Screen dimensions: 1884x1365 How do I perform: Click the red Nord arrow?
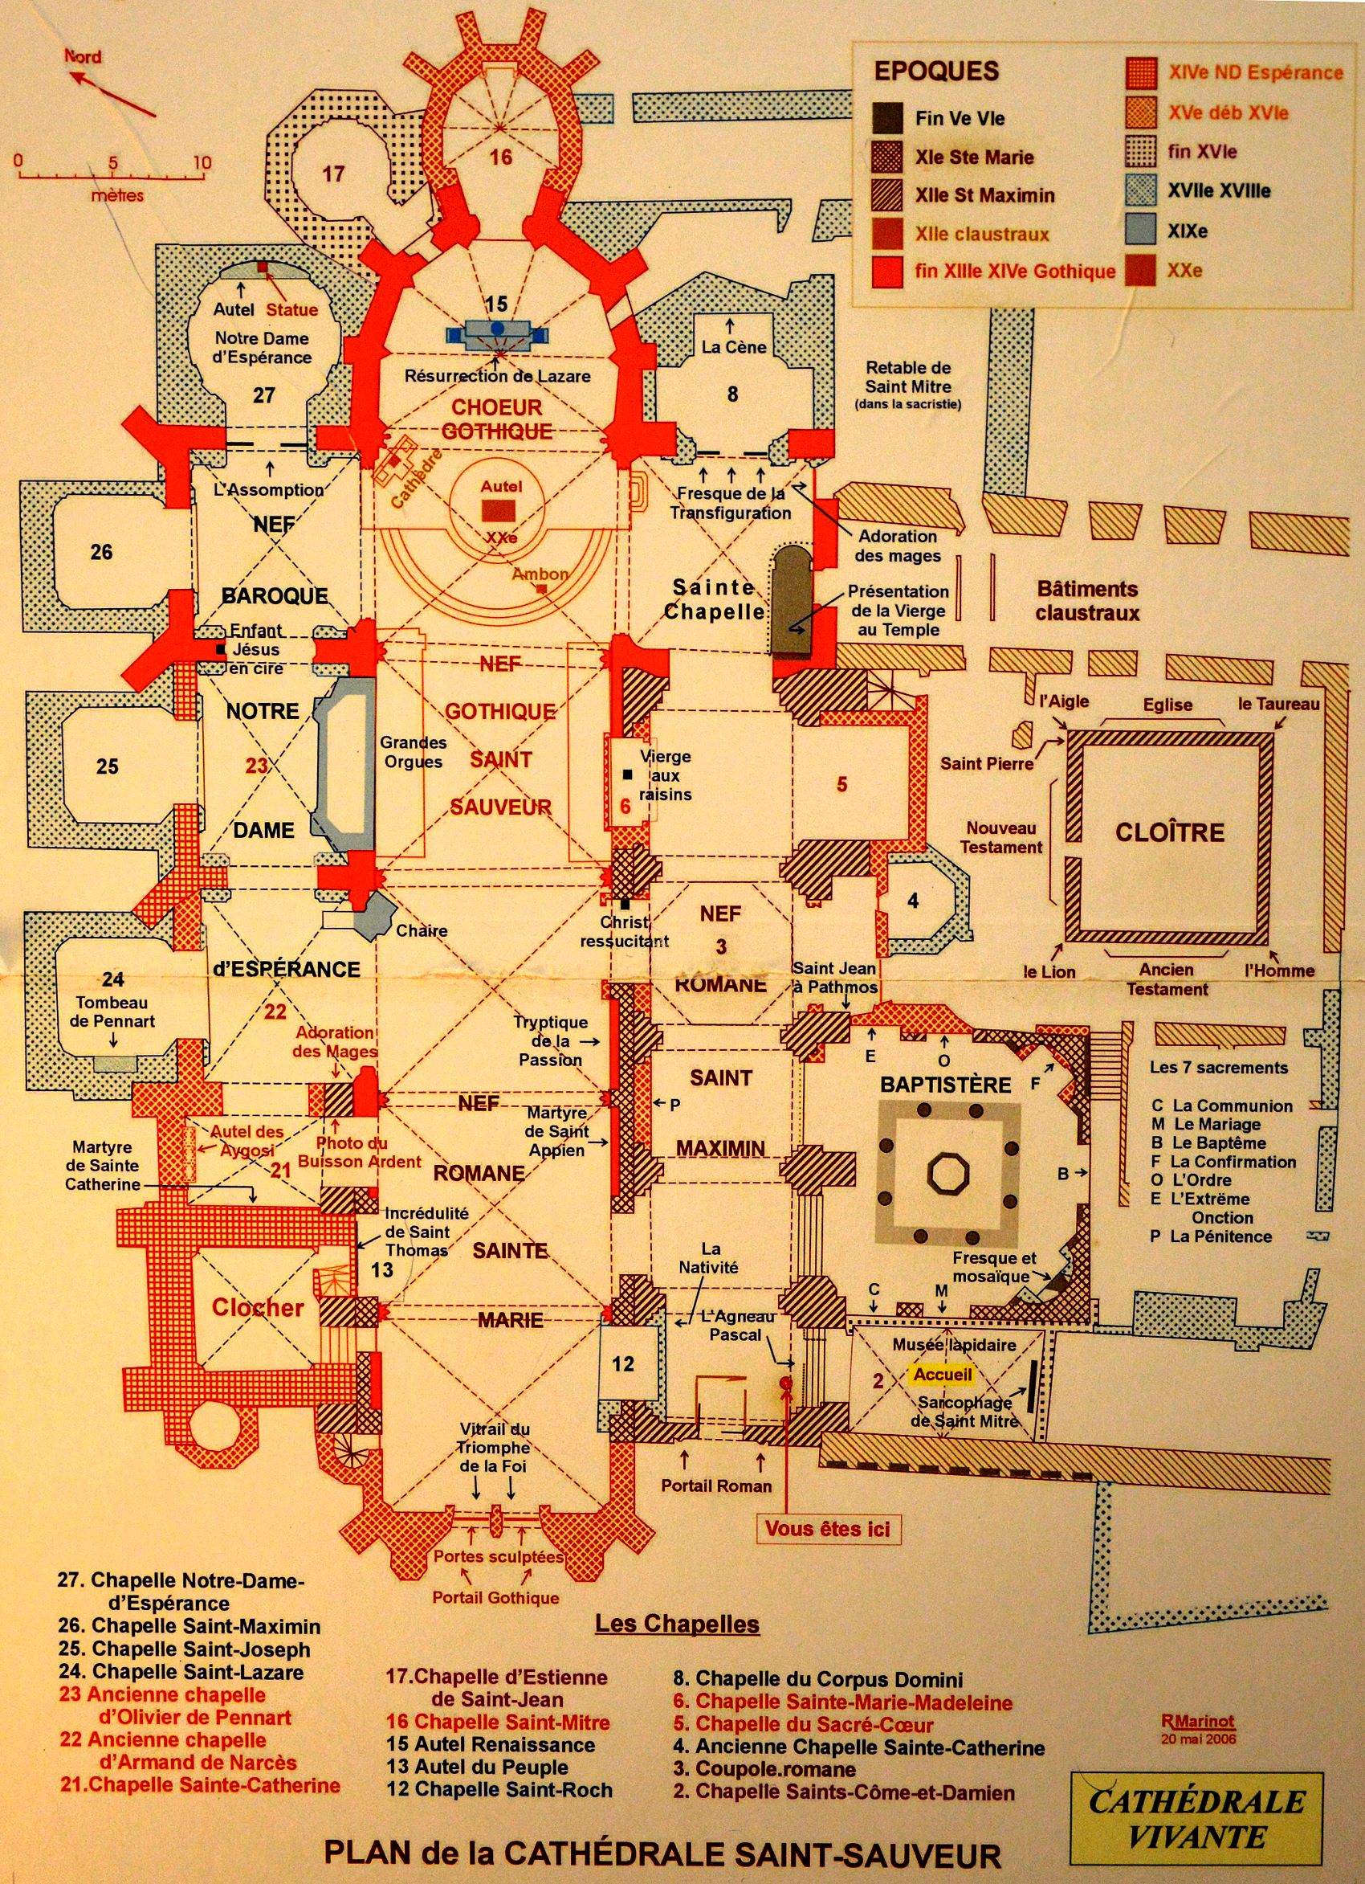click(112, 93)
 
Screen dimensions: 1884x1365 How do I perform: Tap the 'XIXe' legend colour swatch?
click(1140, 229)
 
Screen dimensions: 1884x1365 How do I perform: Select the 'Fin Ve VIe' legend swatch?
click(886, 118)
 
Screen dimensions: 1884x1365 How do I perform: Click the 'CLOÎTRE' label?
click(1169, 832)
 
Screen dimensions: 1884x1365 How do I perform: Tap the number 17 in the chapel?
click(333, 174)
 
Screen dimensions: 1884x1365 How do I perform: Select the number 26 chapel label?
click(101, 552)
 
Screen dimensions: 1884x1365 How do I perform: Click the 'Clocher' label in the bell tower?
click(258, 1306)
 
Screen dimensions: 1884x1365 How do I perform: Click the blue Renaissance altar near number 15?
click(497, 332)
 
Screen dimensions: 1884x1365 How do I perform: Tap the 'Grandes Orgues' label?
click(413, 752)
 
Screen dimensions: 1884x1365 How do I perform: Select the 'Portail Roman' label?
click(715, 1486)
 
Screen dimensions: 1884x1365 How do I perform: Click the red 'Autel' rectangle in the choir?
click(500, 510)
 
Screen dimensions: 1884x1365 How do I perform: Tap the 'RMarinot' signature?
click(1197, 1722)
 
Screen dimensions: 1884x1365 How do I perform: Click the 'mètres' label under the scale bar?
click(117, 196)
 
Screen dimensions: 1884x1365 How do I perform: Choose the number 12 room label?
click(623, 1363)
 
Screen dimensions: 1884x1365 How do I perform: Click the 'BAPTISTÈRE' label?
click(946, 1085)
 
